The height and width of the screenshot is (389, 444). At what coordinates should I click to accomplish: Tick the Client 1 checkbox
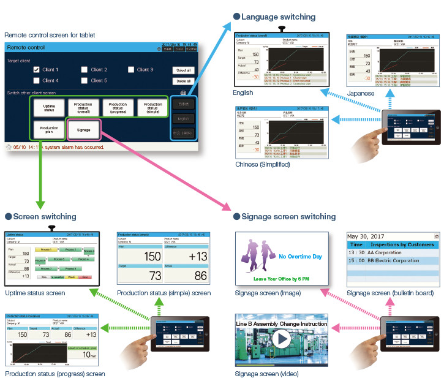[x=37, y=70]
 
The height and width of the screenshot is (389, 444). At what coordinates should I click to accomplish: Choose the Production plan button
[x=50, y=129]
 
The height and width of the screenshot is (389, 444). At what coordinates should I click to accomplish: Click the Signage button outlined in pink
[x=83, y=129]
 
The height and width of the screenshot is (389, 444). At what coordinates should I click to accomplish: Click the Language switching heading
[x=279, y=17]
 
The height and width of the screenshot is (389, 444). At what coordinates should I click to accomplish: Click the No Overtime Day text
[x=300, y=257]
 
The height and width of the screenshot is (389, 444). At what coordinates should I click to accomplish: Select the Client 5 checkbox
[x=85, y=81]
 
